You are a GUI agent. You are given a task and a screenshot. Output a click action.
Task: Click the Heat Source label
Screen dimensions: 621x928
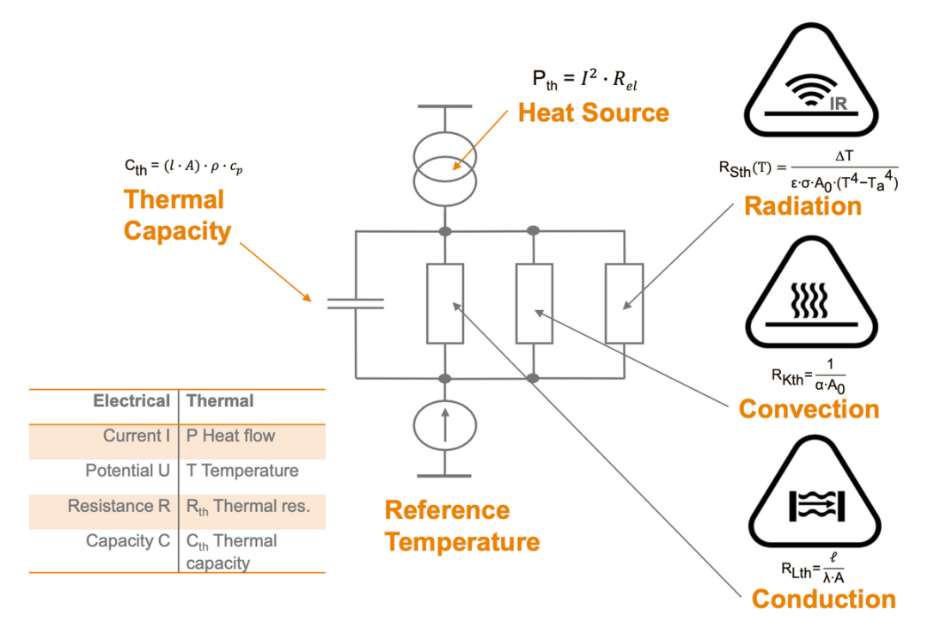click(x=593, y=113)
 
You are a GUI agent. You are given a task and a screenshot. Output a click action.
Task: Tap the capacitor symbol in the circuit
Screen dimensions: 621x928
click(x=355, y=302)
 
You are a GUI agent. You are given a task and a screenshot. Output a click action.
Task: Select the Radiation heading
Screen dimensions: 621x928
click(x=803, y=206)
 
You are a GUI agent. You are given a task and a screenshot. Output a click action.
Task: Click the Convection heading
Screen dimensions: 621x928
click(x=809, y=409)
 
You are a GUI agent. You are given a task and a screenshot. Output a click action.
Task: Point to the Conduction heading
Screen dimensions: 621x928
click(x=823, y=599)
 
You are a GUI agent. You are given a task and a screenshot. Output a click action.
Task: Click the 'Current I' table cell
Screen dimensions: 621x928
click(x=137, y=436)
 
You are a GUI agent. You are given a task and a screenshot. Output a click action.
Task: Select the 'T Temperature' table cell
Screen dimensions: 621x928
click(x=242, y=471)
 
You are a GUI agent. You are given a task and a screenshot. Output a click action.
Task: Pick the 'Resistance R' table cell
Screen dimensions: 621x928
click(x=119, y=507)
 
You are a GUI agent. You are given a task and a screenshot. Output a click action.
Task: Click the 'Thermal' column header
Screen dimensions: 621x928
click(x=220, y=401)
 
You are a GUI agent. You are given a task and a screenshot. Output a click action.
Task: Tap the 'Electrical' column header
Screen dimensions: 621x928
click(x=131, y=401)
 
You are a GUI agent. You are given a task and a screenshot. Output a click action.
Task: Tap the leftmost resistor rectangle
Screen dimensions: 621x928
click(x=445, y=302)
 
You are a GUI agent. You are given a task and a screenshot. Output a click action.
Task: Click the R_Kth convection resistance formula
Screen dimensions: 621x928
click(x=808, y=375)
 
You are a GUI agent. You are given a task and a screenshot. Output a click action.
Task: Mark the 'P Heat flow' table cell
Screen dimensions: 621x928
click(x=231, y=436)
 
